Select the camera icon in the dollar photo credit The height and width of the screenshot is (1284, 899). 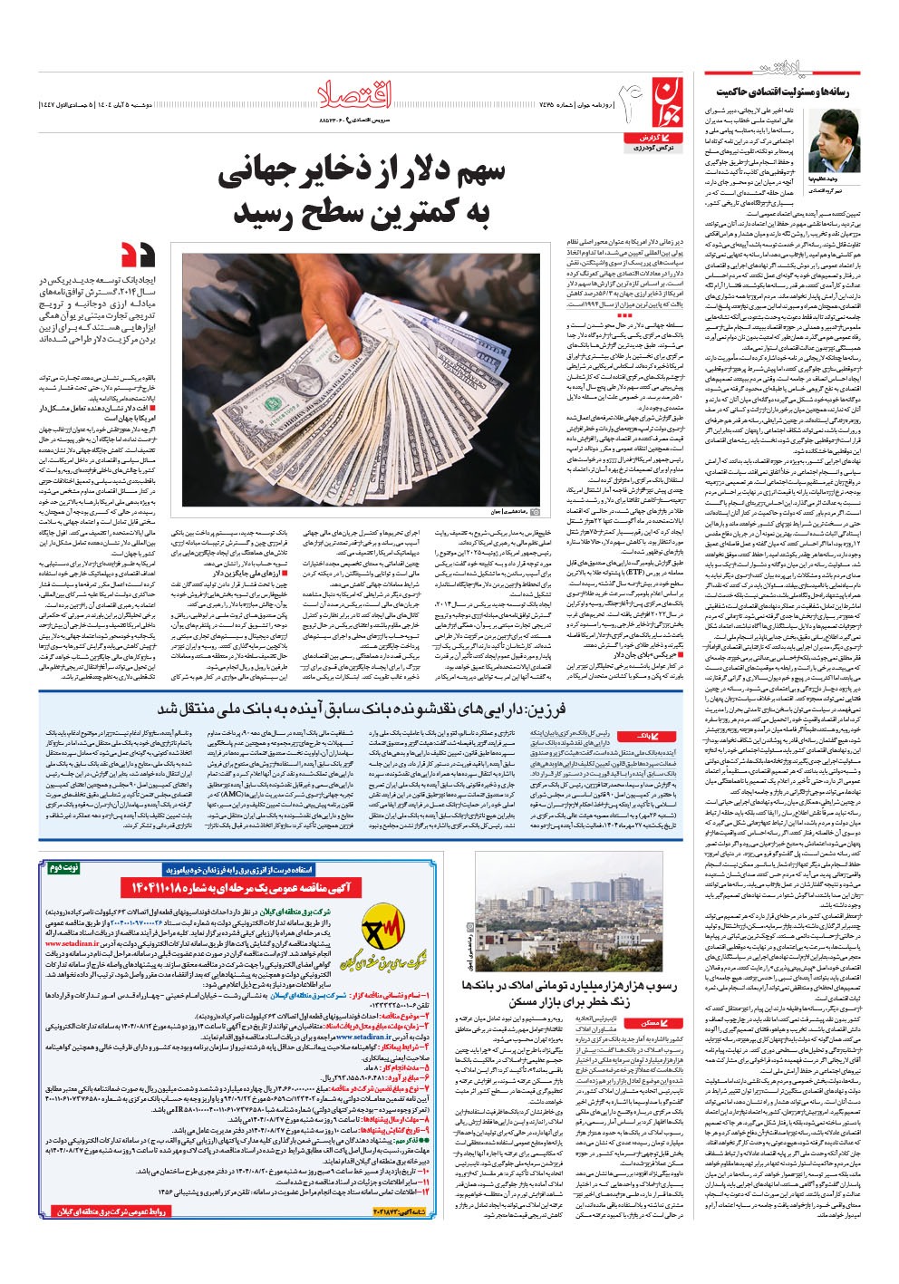[536, 512]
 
